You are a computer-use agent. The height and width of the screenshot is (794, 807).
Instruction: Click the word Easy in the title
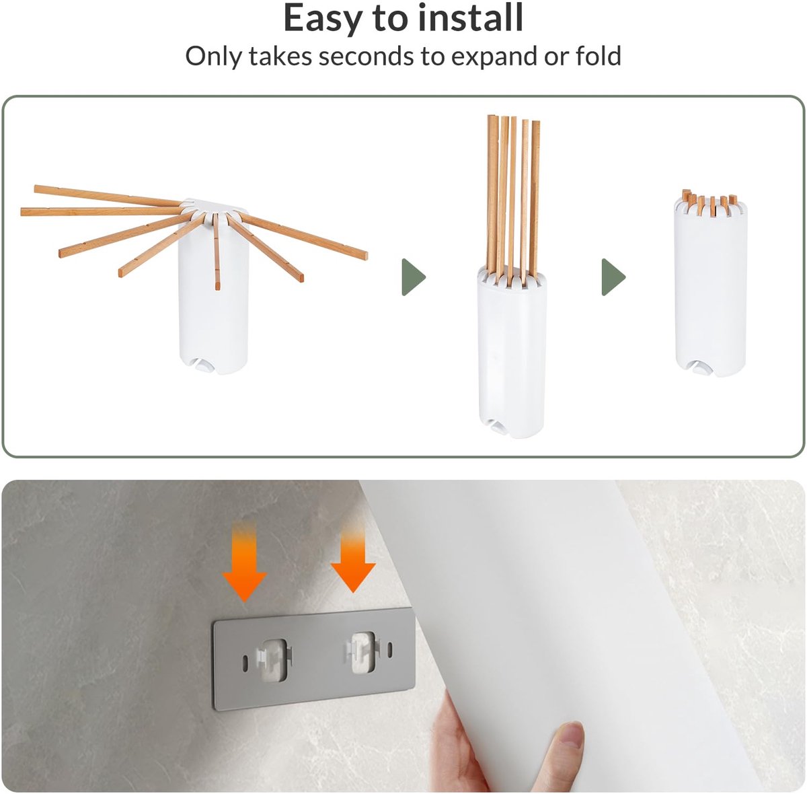coord(323,19)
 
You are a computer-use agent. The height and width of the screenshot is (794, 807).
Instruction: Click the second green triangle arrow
coord(613,277)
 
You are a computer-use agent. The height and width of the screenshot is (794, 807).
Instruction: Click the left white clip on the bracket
coord(274,661)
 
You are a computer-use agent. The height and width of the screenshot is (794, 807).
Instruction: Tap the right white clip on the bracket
coord(362,652)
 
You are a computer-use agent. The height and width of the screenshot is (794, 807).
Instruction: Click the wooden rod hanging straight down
coord(217,251)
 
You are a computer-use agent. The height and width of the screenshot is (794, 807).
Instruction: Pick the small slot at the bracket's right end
coord(390,649)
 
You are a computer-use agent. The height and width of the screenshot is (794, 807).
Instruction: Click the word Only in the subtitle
coord(210,57)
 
